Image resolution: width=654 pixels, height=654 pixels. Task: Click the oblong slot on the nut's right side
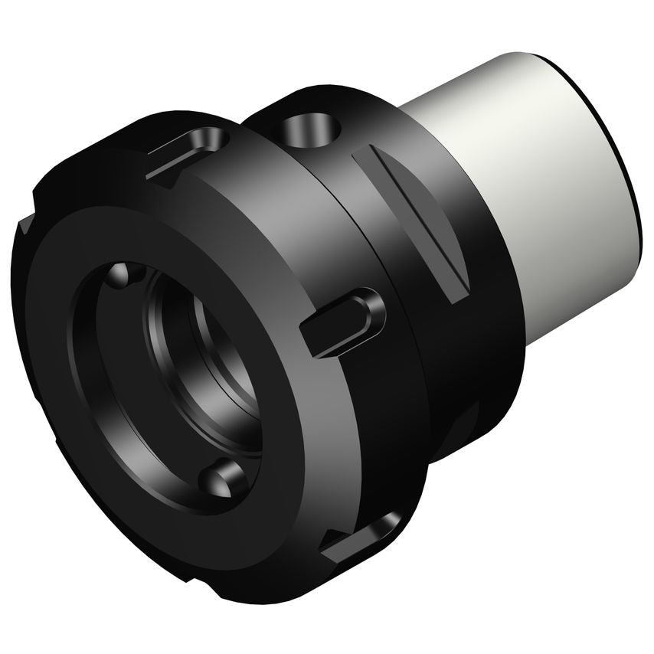click(x=341, y=322)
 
